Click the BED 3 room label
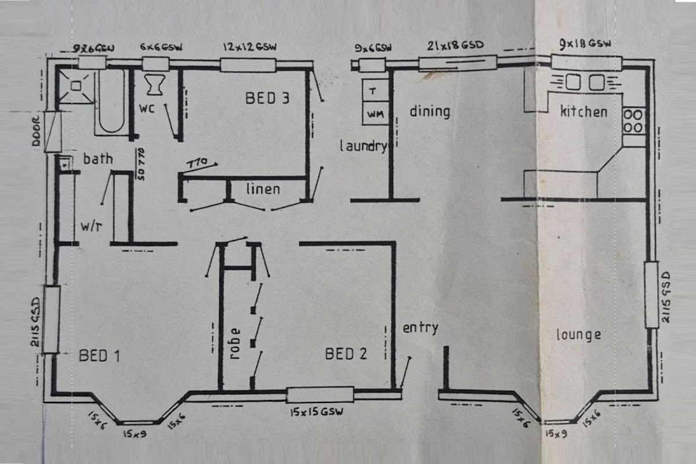[x=267, y=99]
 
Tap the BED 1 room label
[x=99, y=355]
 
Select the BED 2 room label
[x=346, y=354]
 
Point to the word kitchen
[x=583, y=111]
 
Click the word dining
[x=430, y=111]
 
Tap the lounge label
[x=578, y=335]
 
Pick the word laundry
[x=363, y=146]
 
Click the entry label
[x=420, y=328]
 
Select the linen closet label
[x=263, y=188]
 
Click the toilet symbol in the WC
[x=155, y=85]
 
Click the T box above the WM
[x=374, y=92]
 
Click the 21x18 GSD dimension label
[x=455, y=45]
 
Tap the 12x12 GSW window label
[x=248, y=46]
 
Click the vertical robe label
[x=235, y=346]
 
